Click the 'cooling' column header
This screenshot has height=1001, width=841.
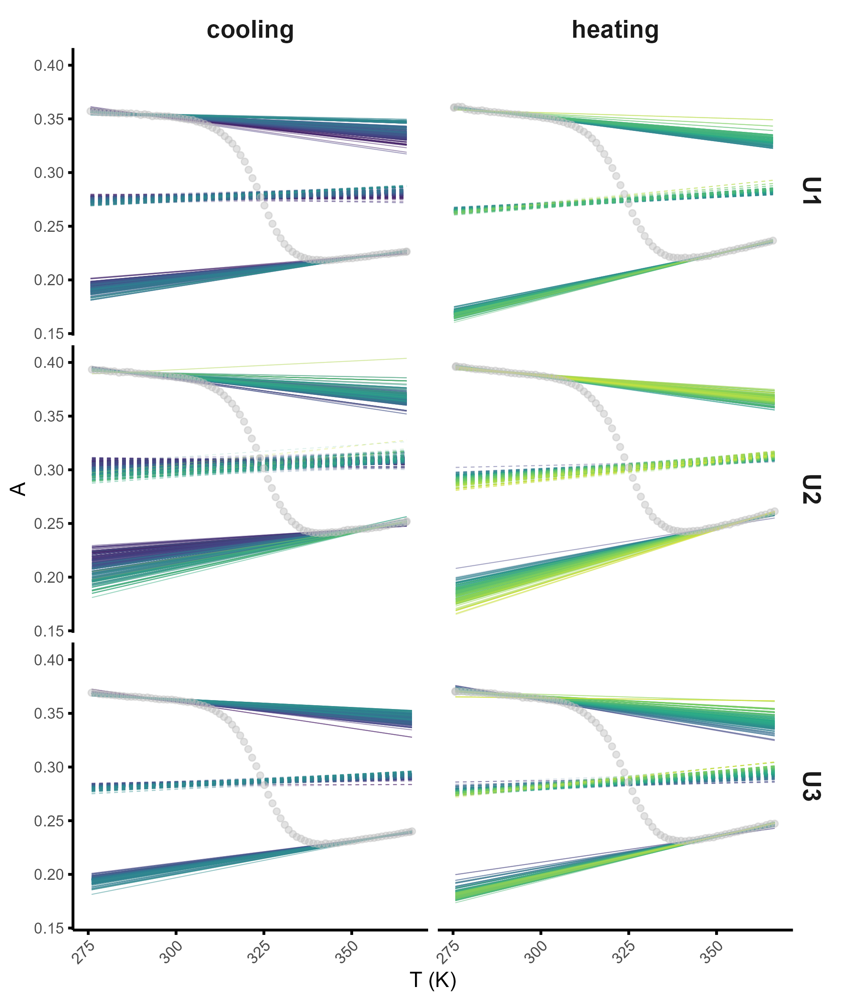(x=250, y=30)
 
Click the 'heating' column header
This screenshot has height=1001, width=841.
(x=615, y=30)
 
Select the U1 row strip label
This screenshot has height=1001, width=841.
(x=811, y=191)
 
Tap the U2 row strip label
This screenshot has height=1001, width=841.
(x=811, y=489)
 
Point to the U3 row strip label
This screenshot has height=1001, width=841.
(x=811, y=786)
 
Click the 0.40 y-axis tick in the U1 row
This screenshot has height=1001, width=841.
(x=49, y=66)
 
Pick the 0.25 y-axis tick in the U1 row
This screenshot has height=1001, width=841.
(x=49, y=227)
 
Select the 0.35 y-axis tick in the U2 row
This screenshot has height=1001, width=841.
(x=49, y=417)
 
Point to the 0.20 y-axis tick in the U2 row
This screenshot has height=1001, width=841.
(x=49, y=578)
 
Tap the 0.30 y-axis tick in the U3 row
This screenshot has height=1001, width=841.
(x=49, y=767)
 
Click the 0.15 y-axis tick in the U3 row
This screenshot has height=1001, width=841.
(x=49, y=929)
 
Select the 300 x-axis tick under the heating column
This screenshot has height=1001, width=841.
(x=536, y=952)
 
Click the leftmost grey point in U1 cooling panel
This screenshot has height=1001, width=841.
(x=90, y=111)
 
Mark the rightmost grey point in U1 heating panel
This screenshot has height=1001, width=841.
(x=773, y=241)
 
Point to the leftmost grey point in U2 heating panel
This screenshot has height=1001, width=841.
(x=456, y=366)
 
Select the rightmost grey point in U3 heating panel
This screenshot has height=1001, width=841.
(x=775, y=824)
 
